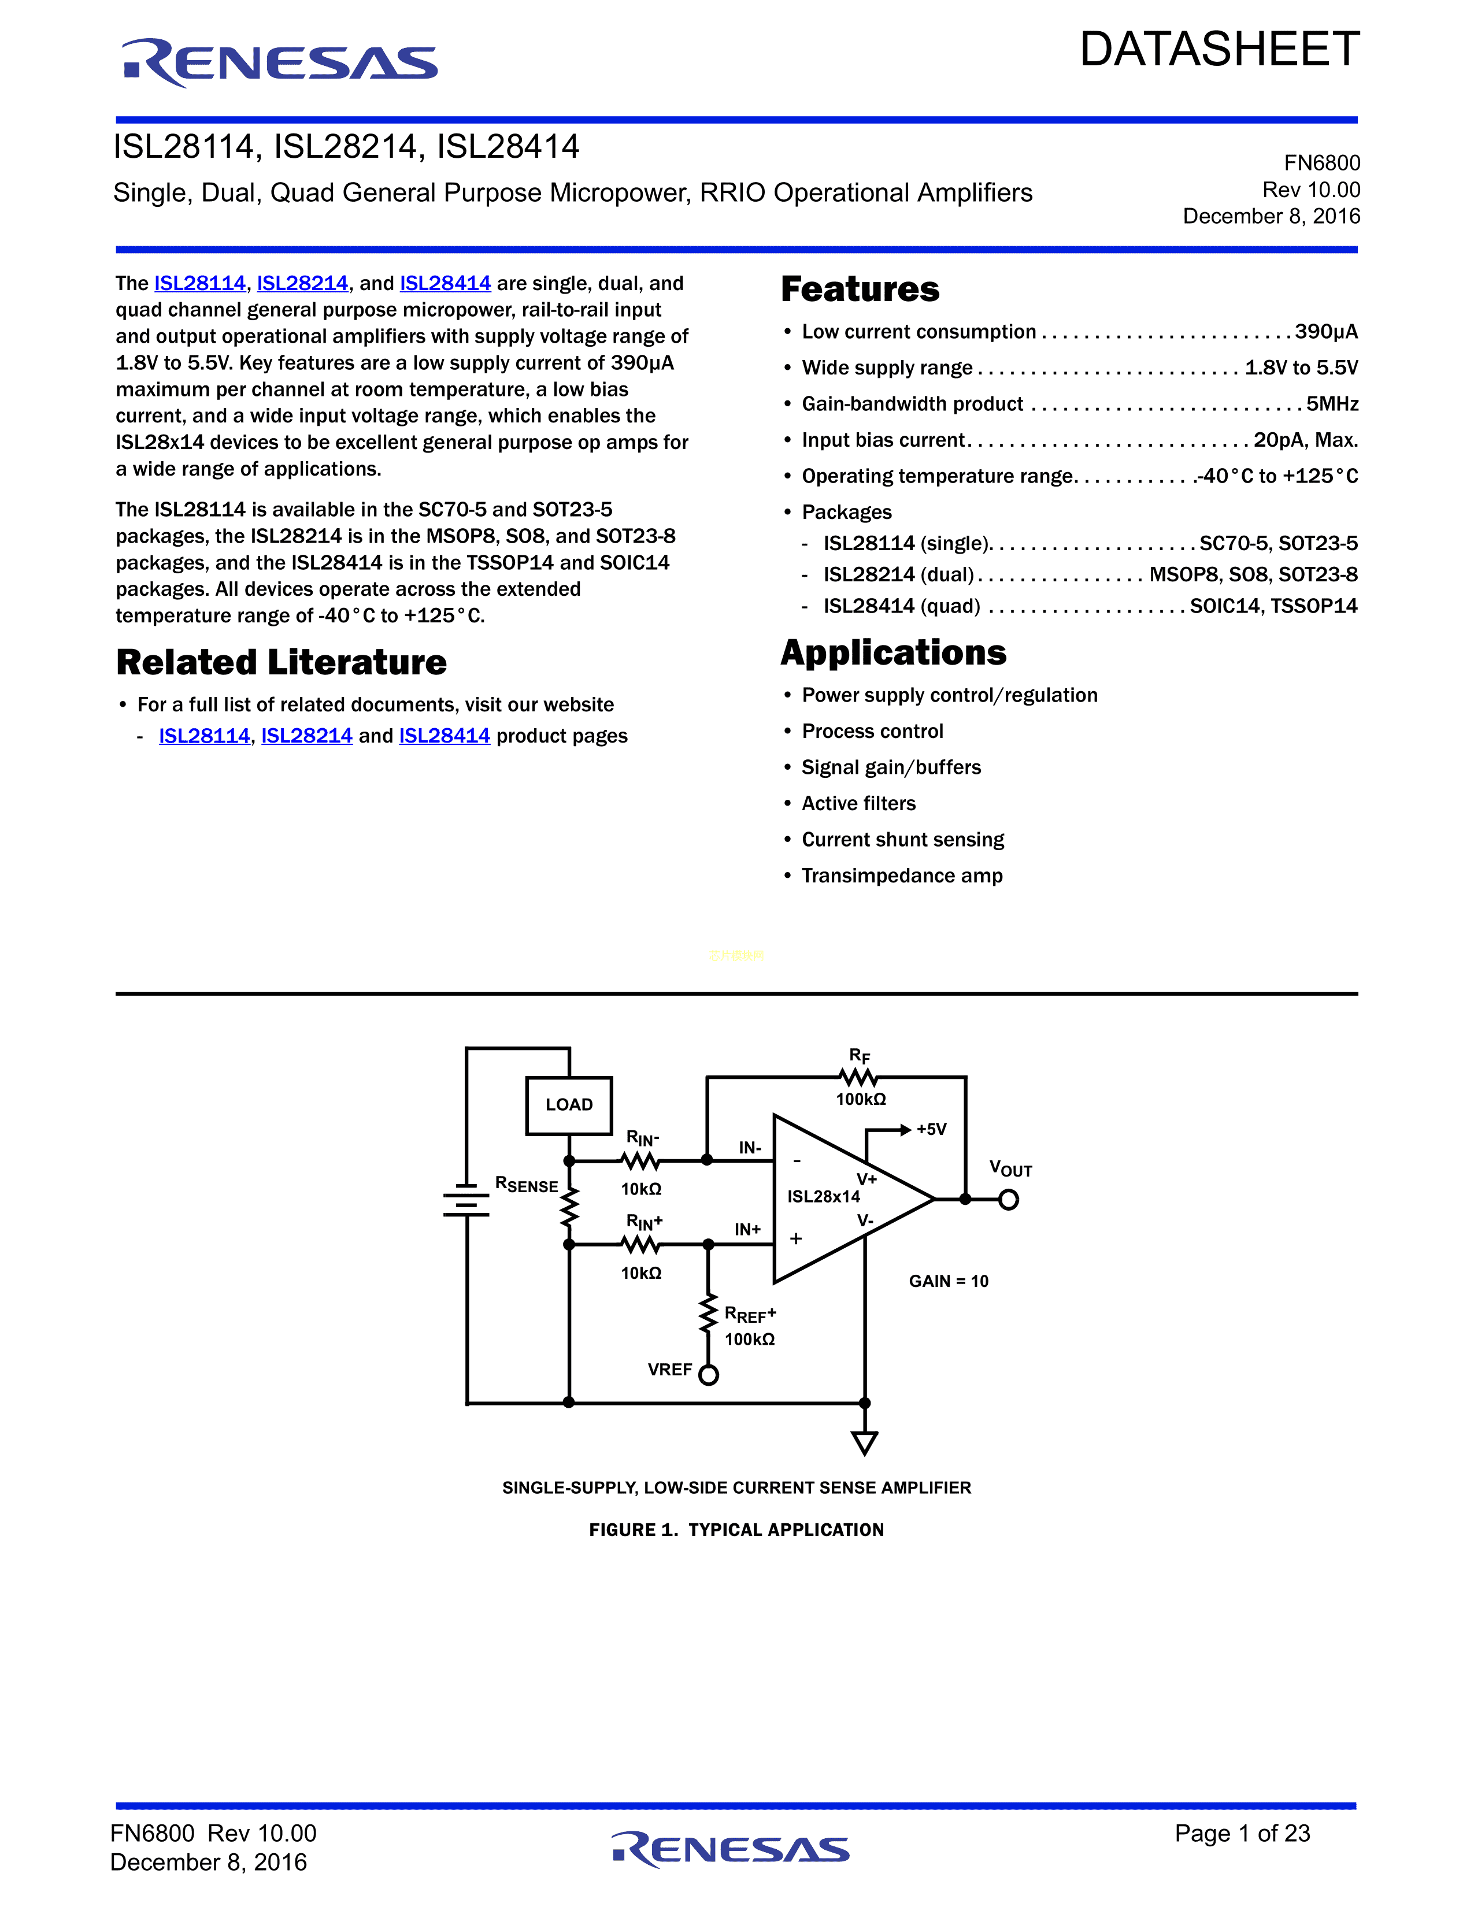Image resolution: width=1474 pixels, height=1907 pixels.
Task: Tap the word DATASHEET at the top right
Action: pyautogui.click(x=1219, y=50)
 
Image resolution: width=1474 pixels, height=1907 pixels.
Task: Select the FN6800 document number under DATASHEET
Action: pyautogui.click(x=1321, y=164)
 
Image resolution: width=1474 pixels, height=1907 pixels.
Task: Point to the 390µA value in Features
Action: pyautogui.click(x=1325, y=332)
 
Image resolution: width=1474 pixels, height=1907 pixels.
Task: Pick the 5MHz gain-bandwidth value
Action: pyautogui.click(x=1332, y=405)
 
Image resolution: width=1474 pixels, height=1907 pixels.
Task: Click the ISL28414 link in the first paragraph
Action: pyautogui.click(x=445, y=284)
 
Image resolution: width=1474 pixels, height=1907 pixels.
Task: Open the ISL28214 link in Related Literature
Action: pyautogui.click(x=306, y=736)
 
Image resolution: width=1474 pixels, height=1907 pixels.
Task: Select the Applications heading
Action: pyautogui.click(x=893, y=653)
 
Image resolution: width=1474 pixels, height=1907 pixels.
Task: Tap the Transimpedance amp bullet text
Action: pyautogui.click(x=902, y=876)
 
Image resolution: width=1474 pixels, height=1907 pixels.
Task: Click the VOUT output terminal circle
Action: pyautogui.click(x=1009, y=1200)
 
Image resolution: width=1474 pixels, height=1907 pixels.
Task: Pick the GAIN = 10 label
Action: pyautogui.click(x=949, y=1281)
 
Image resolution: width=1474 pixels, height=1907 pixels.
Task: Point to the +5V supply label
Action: pyautogui.click(x=931, y=1130)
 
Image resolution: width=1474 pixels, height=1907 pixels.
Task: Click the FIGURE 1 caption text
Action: pyautogui.click(x=736, y=1530)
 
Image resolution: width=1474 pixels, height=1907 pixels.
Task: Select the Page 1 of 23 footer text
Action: pyautogui.click(x=1242, y=1833)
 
